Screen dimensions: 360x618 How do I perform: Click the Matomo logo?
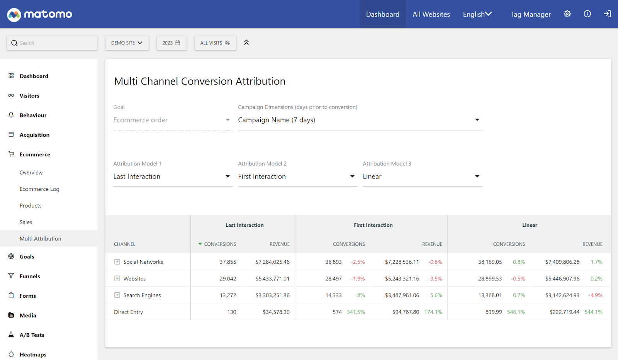[39, 14]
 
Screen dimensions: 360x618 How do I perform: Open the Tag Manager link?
[530, 14]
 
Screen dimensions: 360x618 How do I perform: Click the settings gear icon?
[567, 14]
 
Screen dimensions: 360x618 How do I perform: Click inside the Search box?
[54, 43]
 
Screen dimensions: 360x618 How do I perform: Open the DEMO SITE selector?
[127, 43]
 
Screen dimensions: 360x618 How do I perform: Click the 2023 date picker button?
[171, 43]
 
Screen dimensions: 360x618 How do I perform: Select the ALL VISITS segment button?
[215, 43]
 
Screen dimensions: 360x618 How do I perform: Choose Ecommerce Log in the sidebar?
[39, 189]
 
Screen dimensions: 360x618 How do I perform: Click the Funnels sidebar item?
[30, 276]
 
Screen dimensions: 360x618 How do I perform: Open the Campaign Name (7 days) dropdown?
[360, 120]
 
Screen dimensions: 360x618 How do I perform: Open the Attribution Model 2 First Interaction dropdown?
[297, 177]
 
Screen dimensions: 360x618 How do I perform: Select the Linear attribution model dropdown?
[422, 177]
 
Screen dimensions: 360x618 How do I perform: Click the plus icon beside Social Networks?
[117, 262]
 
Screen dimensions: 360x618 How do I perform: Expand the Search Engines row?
[117, 295]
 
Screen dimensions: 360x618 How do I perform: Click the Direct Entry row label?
[128, 312]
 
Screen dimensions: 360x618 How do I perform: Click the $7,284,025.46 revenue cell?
[272, 262]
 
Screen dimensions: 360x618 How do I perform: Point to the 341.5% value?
[355, 312]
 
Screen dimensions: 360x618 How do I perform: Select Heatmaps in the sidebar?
[33, 355]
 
